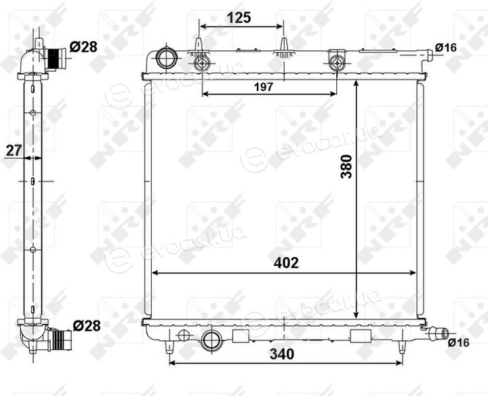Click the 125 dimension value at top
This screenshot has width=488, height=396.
[239, 18]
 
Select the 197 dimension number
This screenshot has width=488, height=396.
[264, 87]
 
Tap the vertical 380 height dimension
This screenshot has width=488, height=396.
[346, 167]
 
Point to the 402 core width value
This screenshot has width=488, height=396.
[286, 263]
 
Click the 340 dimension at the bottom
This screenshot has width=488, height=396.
[282, 354]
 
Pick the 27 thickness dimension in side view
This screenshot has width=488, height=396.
[14, 151]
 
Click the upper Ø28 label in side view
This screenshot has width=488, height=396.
[83, 47]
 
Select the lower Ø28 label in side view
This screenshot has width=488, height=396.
[87, 325]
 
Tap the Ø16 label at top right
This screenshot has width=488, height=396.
[446, 47]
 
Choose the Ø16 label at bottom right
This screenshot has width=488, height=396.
[458, 342]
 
